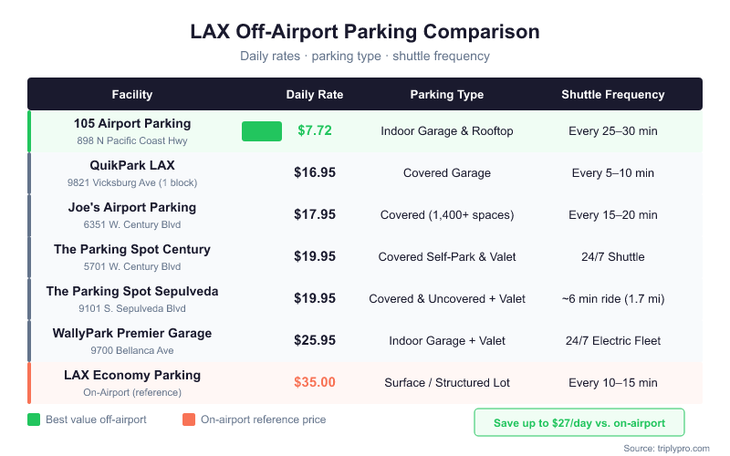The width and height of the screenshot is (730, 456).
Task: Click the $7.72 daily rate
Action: pyautogui.click(x=315, y=130)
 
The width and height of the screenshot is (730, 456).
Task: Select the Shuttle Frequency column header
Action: pyautogui.click(x=612, y=94)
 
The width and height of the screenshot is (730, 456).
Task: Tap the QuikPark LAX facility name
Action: pyautogui.click(x=132, y=165)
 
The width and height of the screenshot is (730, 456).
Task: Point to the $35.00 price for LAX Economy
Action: pyautogui.click(x=315, y=382)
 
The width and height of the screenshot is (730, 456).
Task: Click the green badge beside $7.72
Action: pyautogui.click(x=262, y=131)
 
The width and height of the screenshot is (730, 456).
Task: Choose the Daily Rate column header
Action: pyautogui.click(x=315, y=94)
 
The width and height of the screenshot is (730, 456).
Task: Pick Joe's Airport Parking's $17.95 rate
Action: pyautogui.click(x=315, y=214)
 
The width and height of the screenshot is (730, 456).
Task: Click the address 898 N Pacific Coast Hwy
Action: pyautogui.click(x=132, y=140)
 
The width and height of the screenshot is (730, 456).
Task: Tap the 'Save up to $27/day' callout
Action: pyautogui.click(x=579, y=422)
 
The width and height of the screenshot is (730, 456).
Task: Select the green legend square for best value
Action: pyautogui.click(x=34, y=420)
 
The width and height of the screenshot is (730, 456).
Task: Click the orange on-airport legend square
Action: pyautogui.click(x=189, y=420)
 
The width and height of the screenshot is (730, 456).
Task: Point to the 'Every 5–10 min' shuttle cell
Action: pyautogui.click(x=612, y=172)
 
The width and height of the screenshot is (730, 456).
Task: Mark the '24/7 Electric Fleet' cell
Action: pyautogui.click(x=612, y=340)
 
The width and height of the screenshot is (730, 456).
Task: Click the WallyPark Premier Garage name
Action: pyautogui.click(x=132, y=333)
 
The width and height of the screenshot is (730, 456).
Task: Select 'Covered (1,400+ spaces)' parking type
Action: pyautogui.click(x=447, y=214)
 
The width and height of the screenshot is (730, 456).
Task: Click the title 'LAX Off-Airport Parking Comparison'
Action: pyautogui.click(x=365, y=32)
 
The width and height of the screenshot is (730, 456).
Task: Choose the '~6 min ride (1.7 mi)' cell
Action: pyautogui.click(x=612, y=298)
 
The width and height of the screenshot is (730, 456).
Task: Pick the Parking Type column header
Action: pyautogui.click(x=447, y=94)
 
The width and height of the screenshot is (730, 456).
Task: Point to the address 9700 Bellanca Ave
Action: pyautogui.click(x=132, y=350)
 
